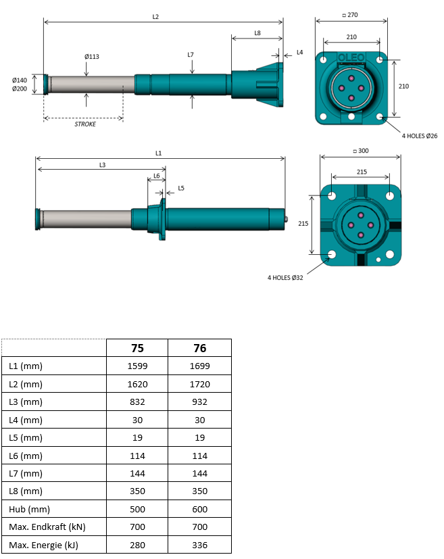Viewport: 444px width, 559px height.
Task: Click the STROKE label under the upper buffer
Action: coord(85,124)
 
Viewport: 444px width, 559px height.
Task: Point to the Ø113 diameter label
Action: coord(92,56)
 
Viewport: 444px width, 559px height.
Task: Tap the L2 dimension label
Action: coord(155,17)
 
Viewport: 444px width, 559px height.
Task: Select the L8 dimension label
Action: coord(257,33)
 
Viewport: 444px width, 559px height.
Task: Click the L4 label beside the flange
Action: coord(299,53)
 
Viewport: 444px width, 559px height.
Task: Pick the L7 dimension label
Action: coord(191,55)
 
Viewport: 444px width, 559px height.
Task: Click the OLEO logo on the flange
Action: coord(351,57)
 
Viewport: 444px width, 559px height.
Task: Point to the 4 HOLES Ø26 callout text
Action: coord(420,136)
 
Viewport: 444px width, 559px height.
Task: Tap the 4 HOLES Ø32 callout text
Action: coord(285,278)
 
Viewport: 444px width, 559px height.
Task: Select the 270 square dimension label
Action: coord(350,15)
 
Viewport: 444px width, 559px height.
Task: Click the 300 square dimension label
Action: coord(361,151)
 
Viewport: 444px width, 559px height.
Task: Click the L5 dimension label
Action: coord(181,188)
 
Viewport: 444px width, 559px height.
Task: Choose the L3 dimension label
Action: coord(102,165)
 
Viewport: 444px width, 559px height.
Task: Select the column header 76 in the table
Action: coord(199,348)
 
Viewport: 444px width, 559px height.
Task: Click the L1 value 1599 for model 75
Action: coord(137,366)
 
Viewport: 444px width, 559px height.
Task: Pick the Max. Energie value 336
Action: coord(199,545)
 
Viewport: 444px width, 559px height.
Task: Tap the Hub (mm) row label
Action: coord(29,510)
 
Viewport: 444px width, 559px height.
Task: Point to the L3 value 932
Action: coord(199,402)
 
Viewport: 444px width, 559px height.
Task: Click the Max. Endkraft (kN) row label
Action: coord(47,527)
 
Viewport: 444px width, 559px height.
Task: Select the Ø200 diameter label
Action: coord(19,89)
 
